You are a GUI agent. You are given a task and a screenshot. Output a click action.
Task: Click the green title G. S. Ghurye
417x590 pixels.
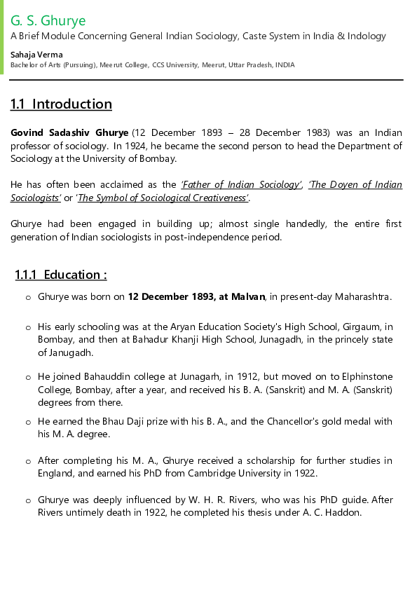[48, 20]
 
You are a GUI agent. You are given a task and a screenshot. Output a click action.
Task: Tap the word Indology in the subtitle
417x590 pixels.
[363, 36]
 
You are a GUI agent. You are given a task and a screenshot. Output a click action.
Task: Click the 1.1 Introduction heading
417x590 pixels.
[61, 104]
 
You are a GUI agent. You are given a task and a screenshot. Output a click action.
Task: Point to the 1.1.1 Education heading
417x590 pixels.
[61, 275]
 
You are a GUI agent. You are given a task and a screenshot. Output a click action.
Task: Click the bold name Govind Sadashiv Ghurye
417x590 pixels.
[69, 132]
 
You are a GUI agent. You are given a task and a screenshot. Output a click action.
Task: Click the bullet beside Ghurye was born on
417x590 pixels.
[28, 297]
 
